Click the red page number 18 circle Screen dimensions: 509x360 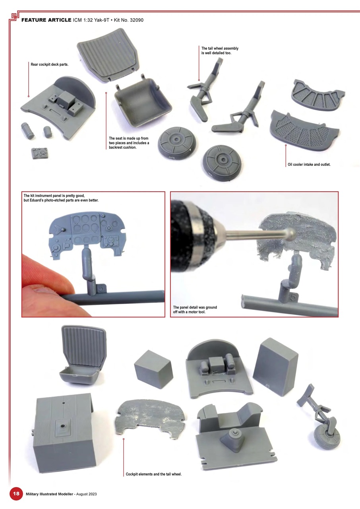coord(16,493)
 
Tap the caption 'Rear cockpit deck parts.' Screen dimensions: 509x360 coord(50,64)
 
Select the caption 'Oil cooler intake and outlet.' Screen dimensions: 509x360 coord(309,164)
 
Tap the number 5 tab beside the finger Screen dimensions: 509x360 coord(102,289)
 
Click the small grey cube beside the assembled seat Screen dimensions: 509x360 coord(153,369)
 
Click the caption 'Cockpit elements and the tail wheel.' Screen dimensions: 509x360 coord(153,474)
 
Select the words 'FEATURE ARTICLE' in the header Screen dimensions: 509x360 coord(46,19)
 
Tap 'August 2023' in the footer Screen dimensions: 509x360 coord(85,494)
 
